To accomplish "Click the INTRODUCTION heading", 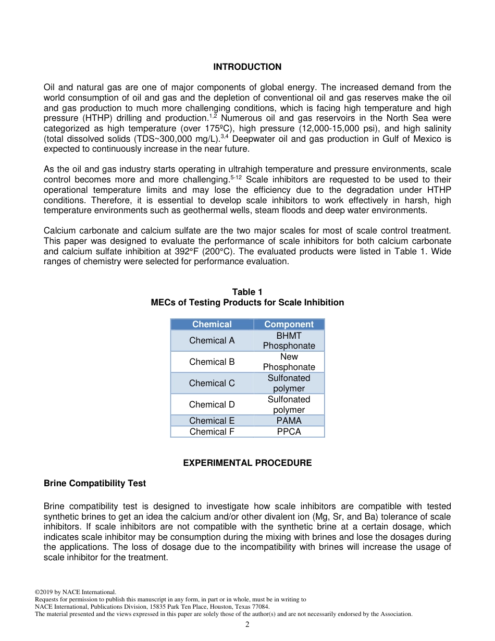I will tap(247, 67).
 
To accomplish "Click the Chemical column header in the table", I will tap(212, 324).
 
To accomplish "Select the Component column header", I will tap(289, 324).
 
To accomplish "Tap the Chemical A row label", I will tap(212, 340).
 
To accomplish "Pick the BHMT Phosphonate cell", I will tap(289, 340).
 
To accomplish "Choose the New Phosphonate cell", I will tap(289, 362).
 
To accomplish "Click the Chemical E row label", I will tap(212, 421).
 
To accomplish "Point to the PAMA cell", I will tap(289, 421).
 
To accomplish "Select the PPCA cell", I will tap(289, 432).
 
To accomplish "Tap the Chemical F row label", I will tap(212, 432).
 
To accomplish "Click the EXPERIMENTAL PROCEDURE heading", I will tap(247, 463).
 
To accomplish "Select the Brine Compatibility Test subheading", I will tap(95, 483).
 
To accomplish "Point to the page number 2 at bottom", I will tap(247, 625).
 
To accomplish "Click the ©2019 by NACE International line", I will tap(75, 592).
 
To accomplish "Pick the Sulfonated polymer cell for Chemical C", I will tap(289, 383).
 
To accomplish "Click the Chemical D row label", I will tap(212, 404).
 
